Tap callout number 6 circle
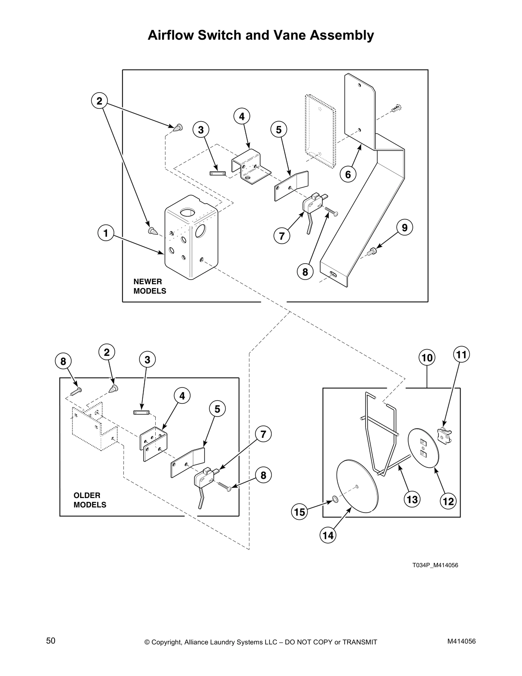[x=348, y=175]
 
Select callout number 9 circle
[x=405, y=228]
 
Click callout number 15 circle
[x=300, y=512]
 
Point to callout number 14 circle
[x=328, y=535]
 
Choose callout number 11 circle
[x=461, y=354]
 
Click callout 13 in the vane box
[x=413, y=499]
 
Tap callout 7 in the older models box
[x=263, y=434]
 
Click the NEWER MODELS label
[x=150, y=286]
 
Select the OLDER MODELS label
[x=90, y=500]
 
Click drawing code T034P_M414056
[x=435, y=565]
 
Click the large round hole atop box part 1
[x=187, y=212]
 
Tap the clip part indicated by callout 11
[x=445, y=436]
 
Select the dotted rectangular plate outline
[x=319, y=131]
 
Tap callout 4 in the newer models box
[x=241, y=116]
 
